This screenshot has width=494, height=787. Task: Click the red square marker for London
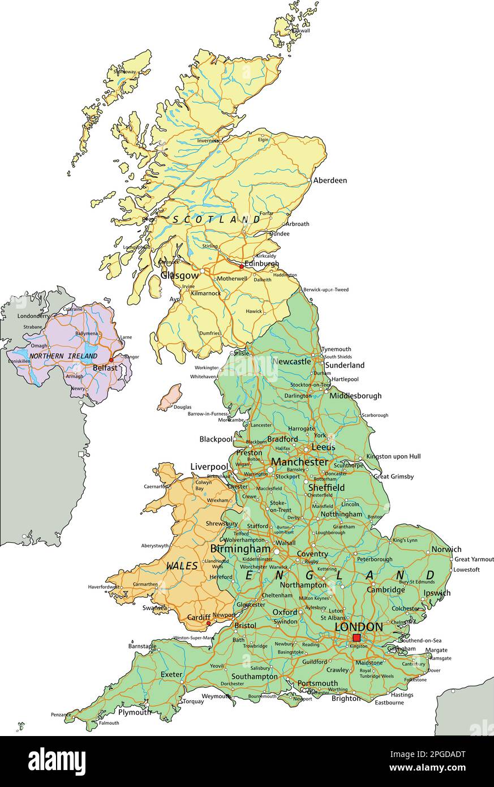(x=356, y=638)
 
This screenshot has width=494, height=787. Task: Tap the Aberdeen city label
(x=330, y=181)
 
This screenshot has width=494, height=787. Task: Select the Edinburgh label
(x=261, y=264)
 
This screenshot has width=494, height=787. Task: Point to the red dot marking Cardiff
(x=209, y=623)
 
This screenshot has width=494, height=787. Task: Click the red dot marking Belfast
(x=111, y=360)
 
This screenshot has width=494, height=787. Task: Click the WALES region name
(x=182, y=566)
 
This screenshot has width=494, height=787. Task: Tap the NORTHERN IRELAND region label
(x=63, y=356)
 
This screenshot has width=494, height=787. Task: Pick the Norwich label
(x=446, y=549)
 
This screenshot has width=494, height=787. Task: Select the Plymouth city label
(x=135, y=712)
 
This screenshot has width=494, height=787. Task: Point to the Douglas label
(x=182, y=407)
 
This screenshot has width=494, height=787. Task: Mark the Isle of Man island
(x=170, y=397)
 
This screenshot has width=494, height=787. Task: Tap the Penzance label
(x=61, y=715)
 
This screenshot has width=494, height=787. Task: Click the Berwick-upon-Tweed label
(x=326, y=290)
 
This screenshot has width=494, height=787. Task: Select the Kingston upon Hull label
(x=393, y=456)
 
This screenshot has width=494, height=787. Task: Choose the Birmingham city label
(x=240, y=549)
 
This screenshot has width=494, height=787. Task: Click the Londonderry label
(x=33, y=316)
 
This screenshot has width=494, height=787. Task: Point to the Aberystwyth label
(x=155, y=546)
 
